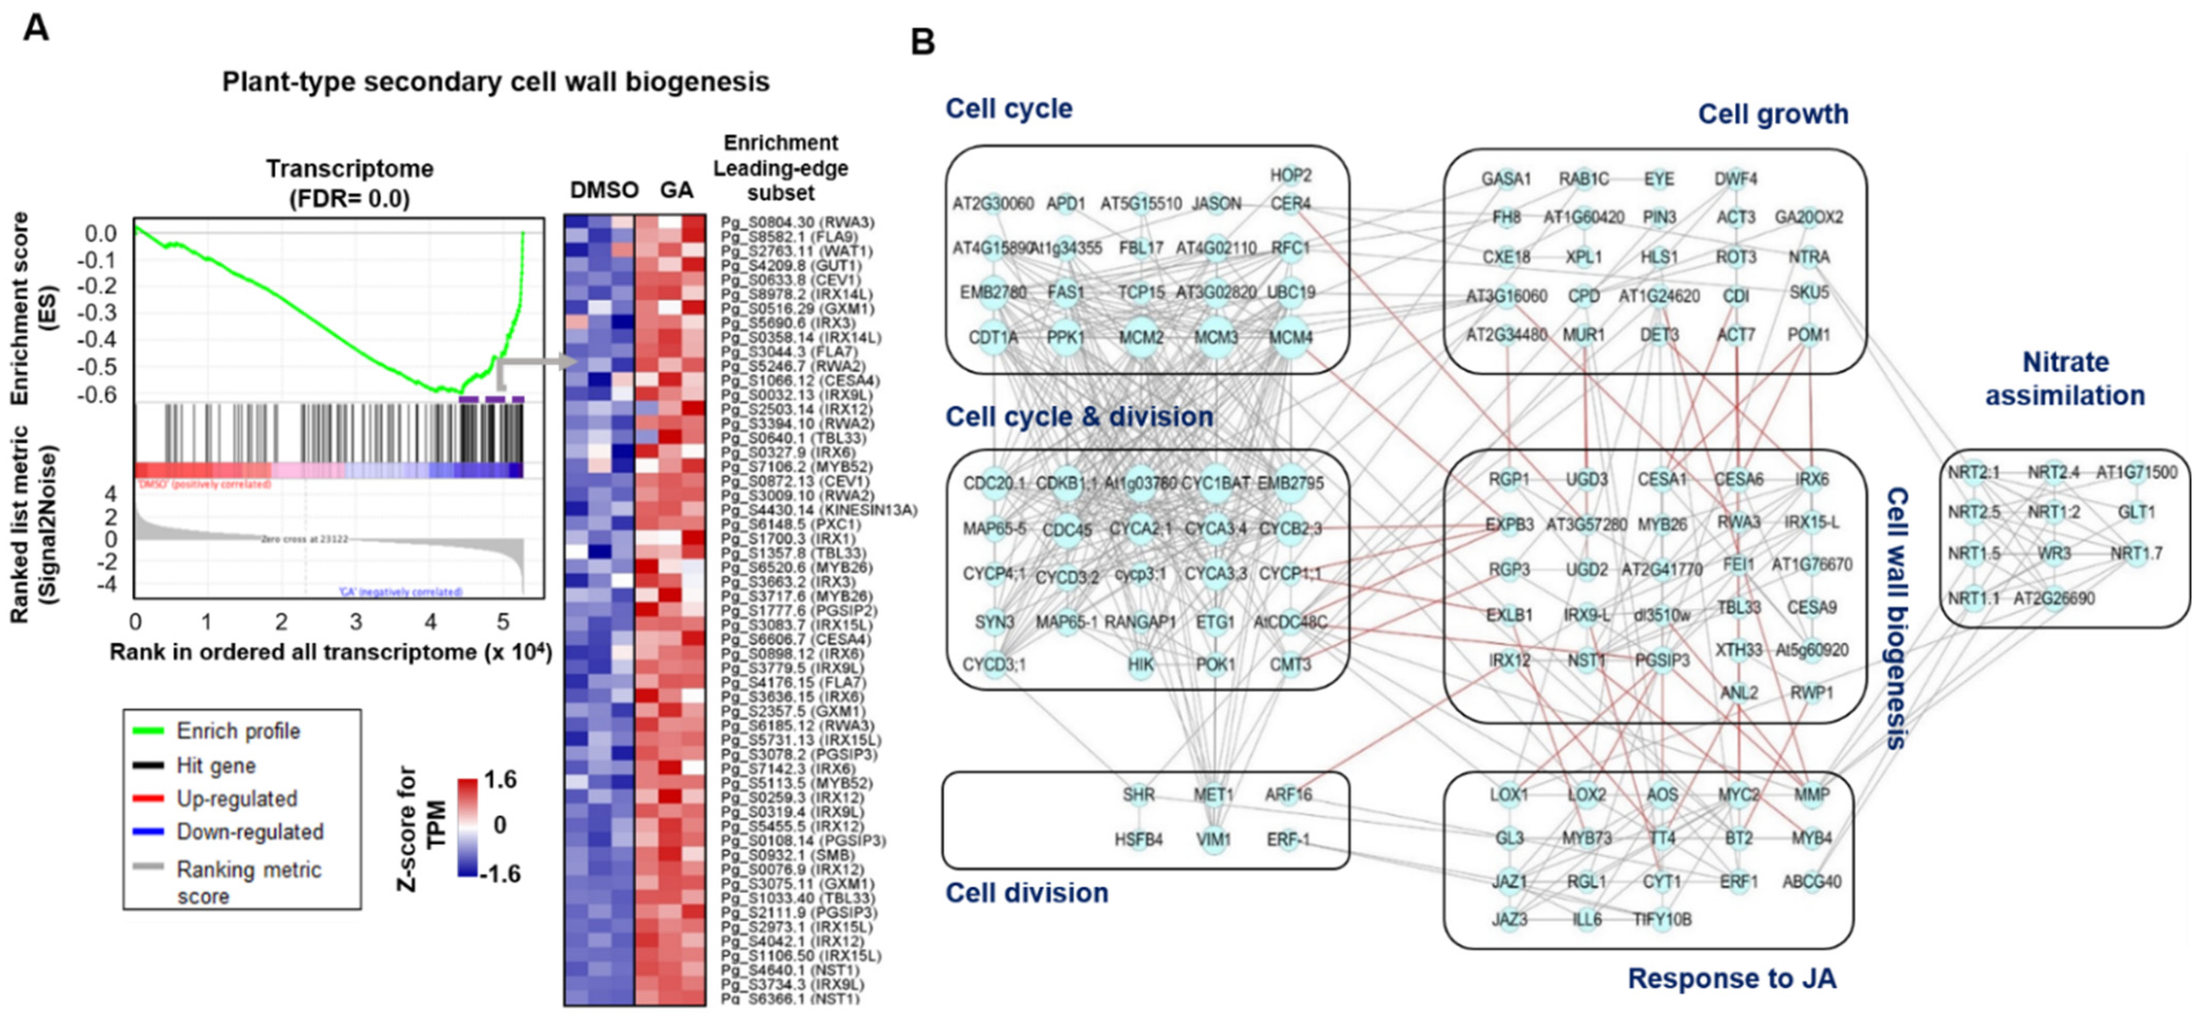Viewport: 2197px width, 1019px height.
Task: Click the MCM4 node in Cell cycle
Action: tap(1289, 338)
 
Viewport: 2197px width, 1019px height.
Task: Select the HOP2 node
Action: tap(1290, 175)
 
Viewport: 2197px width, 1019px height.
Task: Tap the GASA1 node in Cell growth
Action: tap(1505, 179)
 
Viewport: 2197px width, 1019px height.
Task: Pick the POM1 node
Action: tap(1809, 335)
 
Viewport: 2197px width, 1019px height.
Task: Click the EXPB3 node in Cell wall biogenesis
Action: tap(1509, 525)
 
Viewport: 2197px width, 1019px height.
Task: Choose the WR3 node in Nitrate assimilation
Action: tap(2054, 553)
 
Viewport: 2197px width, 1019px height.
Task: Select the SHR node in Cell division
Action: tap(1139, 795)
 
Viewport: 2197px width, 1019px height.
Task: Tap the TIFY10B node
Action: tap(1661, 919)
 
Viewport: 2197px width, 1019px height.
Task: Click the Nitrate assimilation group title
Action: tap(2065, 379)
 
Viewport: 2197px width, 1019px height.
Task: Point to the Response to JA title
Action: tap(1731, 978)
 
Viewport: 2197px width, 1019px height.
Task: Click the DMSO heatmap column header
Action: tap(604, 190)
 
